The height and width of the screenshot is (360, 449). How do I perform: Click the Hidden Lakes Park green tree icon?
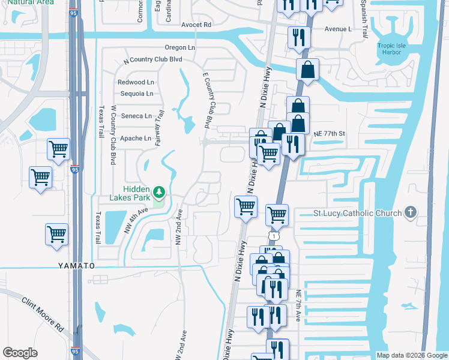pos(159,192)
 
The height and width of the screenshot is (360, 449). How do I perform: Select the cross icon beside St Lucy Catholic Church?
pos(411,212)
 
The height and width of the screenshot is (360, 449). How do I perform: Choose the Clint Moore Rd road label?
pos(43,315)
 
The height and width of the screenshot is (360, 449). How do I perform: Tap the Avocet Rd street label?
pos(196,25)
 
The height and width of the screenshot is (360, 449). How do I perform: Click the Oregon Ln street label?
pos(180,47)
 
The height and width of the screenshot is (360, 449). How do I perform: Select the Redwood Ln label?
pos(136,82)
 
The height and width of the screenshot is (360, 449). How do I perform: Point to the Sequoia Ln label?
pos(136,94)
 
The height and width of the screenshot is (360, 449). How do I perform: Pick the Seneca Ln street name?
pos(137,116)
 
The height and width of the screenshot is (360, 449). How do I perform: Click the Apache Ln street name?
pos(136,138)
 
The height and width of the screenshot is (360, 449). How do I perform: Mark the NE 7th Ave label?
pos(298,306)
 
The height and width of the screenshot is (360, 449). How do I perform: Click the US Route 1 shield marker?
pos(274,237)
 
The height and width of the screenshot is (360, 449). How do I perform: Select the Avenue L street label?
pos(337,29)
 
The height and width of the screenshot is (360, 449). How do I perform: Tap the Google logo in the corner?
pos(20,353)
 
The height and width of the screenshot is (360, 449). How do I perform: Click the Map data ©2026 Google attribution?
pos(412,355)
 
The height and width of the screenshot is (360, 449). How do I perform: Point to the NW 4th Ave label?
pos(135,220)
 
